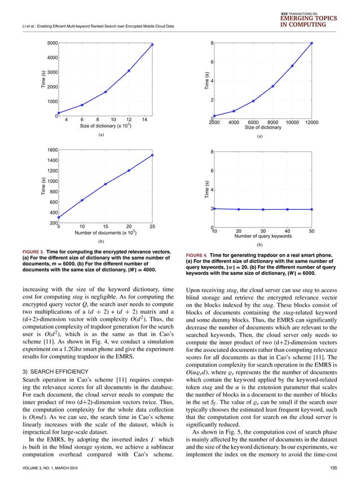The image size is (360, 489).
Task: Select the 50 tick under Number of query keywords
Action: pos(312,231)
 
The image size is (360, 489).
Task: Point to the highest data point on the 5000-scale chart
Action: pos(152,44)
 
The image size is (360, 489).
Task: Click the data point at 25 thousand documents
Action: pos(152,155)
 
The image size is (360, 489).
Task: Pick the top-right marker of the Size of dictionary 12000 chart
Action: pos(312,43)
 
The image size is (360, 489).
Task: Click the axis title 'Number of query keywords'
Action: pos(263,237)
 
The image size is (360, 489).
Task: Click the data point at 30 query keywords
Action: pos(263,209)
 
